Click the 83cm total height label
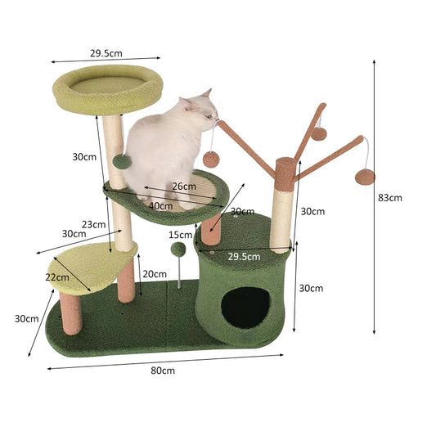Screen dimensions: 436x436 coord(390,198)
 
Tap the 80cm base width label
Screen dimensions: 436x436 coord(163,371)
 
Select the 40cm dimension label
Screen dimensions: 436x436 coord(160,206)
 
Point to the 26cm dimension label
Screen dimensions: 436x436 coord(184,187)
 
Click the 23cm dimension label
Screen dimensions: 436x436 coord(94,224)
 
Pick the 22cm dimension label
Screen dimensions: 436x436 coord(57,277)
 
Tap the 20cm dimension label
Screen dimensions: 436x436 coord(155,274)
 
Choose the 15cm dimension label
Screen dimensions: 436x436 coord(181,235)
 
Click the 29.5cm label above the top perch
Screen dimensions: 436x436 coord(106,53)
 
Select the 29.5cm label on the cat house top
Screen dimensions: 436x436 coord(244,256)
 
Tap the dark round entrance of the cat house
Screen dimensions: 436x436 coord(245,308)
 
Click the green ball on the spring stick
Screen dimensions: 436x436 coord(178,249)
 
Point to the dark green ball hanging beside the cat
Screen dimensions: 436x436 coord(122,162)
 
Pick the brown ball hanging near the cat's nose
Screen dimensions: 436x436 coord(211,160)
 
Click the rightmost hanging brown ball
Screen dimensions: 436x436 coord(365,178)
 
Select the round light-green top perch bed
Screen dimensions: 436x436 coord(108,89)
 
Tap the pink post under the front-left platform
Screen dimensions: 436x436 coord(70,313)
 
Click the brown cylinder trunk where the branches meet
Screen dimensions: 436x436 coord(285,174)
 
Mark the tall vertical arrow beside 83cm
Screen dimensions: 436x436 coord(375,197)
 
